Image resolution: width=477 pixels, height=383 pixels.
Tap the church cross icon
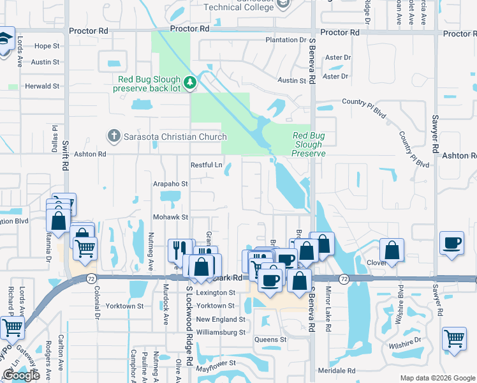114,136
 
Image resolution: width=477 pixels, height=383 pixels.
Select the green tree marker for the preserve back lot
189,82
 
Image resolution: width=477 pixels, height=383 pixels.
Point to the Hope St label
47,46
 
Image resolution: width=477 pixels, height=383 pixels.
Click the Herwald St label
41,86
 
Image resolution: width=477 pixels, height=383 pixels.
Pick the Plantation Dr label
286,40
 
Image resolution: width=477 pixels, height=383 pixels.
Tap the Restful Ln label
207,165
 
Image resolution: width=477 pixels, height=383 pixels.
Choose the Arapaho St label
170,183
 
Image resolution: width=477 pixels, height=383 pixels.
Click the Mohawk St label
170,217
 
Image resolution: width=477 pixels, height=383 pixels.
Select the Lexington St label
216,292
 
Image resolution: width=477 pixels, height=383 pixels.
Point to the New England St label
220,319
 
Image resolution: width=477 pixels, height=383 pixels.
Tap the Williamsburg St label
220,333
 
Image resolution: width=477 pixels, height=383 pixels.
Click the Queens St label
270,340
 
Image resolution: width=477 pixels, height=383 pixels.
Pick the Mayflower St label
216,363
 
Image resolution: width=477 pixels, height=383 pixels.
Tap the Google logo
21,375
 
